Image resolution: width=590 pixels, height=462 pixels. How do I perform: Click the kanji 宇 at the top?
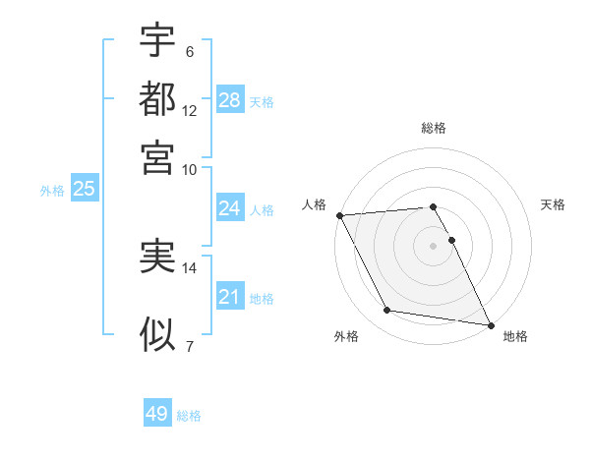(157, 41)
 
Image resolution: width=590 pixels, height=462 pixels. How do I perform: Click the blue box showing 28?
(229, 100)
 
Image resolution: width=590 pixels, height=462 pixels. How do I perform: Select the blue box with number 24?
(229, 208)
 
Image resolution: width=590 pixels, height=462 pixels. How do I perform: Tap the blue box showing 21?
(229, 297)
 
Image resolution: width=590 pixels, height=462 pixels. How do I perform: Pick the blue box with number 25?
(84, 190)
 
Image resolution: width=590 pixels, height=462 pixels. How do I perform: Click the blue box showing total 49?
(157, 414)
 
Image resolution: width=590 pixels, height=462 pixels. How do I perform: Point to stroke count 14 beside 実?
(190, 266)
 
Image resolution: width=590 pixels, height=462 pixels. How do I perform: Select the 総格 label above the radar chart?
(434, 128)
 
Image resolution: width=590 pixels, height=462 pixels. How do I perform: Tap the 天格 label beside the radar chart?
(554, 204)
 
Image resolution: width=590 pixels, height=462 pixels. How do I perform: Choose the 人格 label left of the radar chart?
(315, 204)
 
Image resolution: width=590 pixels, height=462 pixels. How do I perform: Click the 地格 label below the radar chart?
(515, 336)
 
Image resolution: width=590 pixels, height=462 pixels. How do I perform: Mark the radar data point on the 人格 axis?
(339, 215)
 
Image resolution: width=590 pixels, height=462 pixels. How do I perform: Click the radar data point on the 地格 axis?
(490, 323)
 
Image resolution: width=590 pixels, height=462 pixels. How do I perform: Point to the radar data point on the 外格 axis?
(387, 311)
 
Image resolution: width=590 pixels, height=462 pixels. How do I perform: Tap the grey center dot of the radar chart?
(434, 246)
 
